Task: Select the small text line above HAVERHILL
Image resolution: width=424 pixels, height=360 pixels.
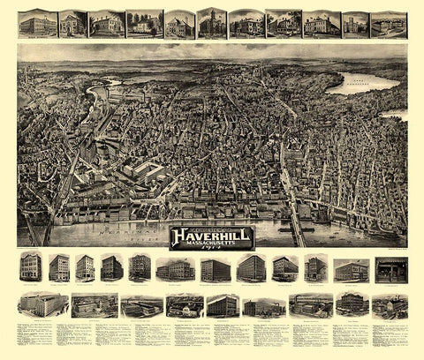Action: pyautogui.click(x=211, y=225)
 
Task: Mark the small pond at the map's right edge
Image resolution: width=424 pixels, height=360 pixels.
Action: pyautogui.click(x=399, y=115)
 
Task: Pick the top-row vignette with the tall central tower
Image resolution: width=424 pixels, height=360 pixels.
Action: pyautogui.click(x=211, y=23)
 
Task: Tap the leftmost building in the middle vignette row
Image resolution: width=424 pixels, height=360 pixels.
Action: pyautogui.click(x=33, y=268)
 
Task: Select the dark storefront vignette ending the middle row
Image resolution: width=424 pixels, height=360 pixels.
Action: pyautogui.click(x=387, y=269)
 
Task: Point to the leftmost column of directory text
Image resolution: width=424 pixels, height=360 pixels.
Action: pyautogui.click(x=35, y=340)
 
